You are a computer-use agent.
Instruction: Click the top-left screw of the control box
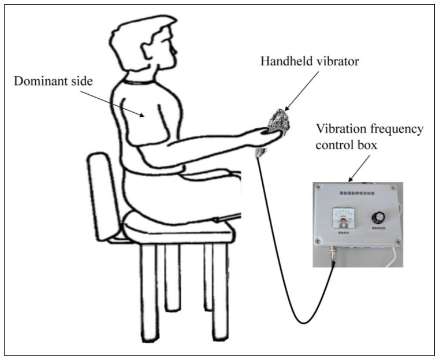click(x=316, y=186)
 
